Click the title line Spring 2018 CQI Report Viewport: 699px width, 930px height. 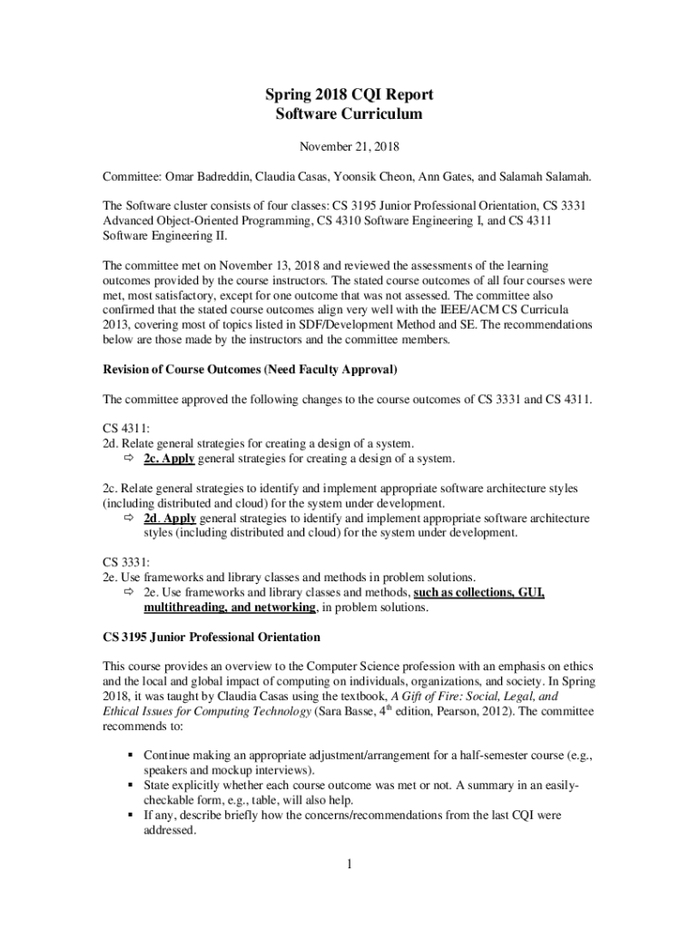(x=349, y=95)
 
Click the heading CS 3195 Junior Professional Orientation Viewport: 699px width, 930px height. (x=212, y=637)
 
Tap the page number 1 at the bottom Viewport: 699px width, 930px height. (x=349, y=863)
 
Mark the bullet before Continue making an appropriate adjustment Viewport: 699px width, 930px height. (x=131, y=755)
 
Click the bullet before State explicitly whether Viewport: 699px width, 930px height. (x=131, y=784)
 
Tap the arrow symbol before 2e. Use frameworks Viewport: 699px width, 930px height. (x=129, y=592)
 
